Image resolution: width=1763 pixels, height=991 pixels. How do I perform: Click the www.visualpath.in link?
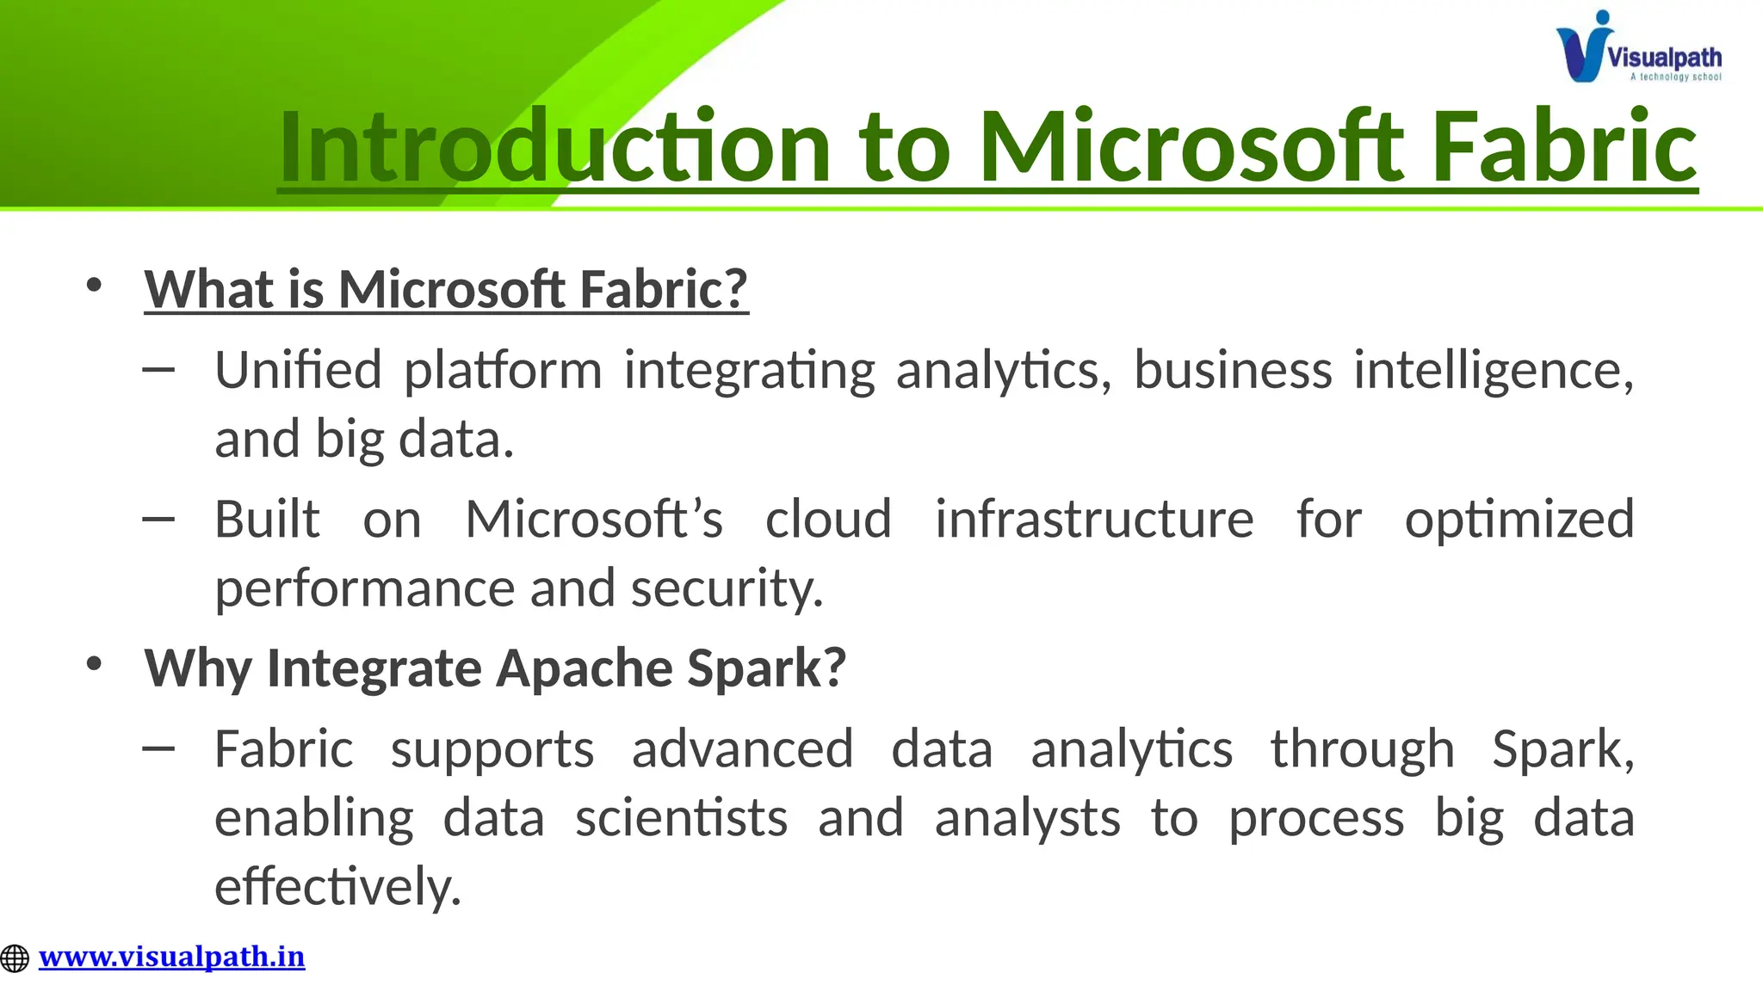(x=171, y=957)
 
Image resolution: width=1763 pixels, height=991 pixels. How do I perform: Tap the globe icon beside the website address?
(x=15, y=958)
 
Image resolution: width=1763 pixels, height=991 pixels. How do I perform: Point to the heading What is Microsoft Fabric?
(x=446, y=289)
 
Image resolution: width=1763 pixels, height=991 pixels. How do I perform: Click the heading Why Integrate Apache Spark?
(x=495, y=668)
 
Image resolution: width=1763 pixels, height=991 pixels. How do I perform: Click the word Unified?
(x=298, y=371)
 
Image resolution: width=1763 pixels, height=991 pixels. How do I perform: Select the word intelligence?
(x=1492, y=371)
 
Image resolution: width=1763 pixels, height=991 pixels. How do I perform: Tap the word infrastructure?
(x=1094, y=520)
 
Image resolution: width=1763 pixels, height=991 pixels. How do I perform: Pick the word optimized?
(x=1519, y=520)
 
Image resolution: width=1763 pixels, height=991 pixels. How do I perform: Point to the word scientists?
(x=681, y=818)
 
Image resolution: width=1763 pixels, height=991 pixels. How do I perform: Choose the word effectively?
(x=337, y=887)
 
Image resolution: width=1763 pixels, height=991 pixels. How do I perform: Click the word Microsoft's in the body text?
(x=593, y=520)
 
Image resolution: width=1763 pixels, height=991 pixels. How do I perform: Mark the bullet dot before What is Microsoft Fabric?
(x=94, y=285)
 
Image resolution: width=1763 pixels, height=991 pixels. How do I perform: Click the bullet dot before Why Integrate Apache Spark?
(x=94, y=663)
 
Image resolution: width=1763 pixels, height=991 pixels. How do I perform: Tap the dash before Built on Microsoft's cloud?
(x=158, y=519)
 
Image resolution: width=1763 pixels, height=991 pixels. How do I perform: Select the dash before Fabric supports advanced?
(x=158, y=748)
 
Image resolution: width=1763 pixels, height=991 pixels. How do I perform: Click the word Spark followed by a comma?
(x=1561, y=749)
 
